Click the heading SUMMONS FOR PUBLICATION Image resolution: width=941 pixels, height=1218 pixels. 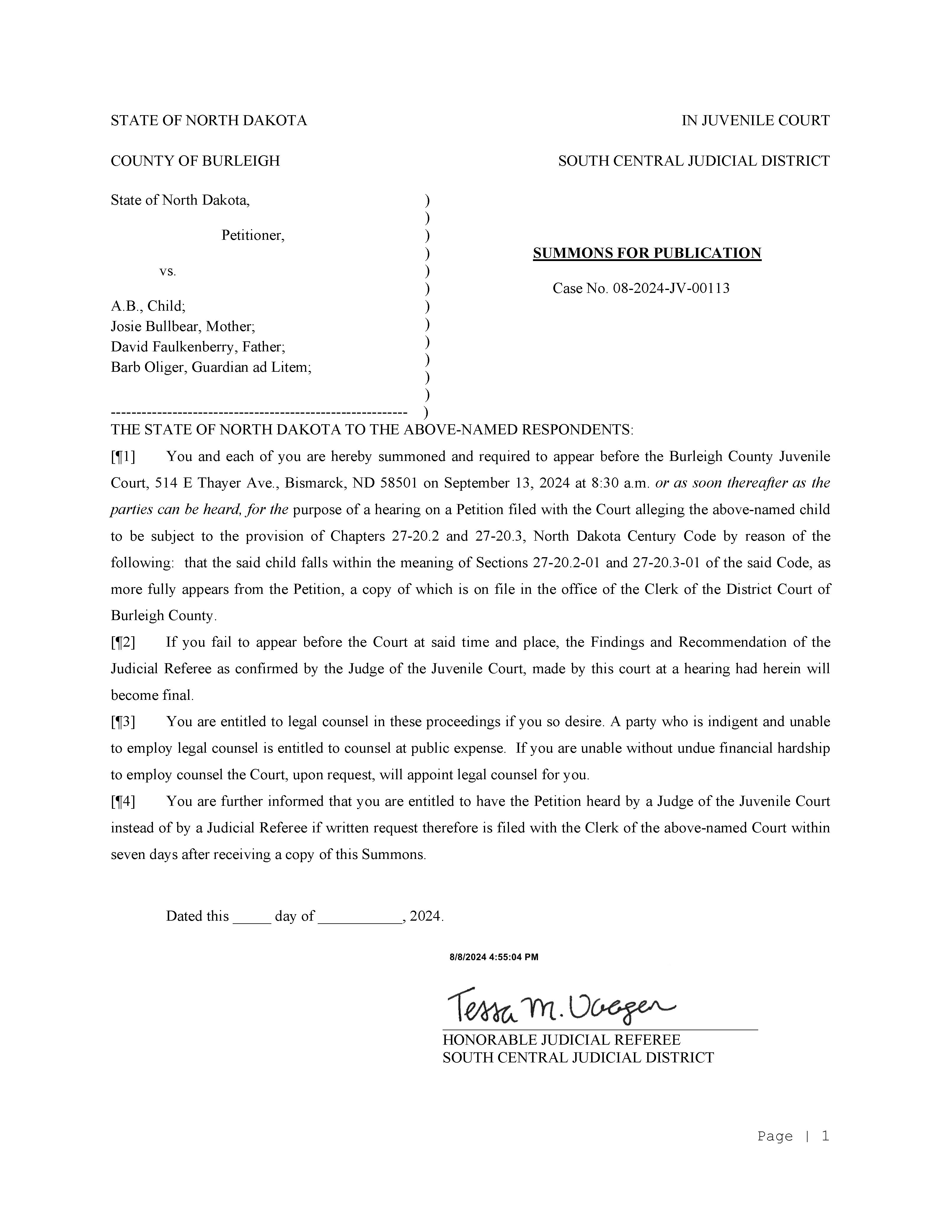pyautogui.click(x=647, y=253)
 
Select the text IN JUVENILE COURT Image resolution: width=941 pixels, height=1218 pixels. pyautogui.click(x=755, y=120)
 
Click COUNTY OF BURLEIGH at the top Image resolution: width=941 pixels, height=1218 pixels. pyautogui.click(x=195, y=161)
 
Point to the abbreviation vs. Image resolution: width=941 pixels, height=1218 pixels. pyautogui.click(x=167, y=272)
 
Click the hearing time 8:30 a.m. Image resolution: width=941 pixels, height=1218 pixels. pyautogui.click(x=620, y=483)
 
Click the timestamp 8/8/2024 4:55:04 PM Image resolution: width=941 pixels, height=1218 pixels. pyautogui.click(x=494, y=957)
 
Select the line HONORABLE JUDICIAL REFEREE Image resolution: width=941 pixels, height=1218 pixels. pyautogui.click(x=561, y=1040)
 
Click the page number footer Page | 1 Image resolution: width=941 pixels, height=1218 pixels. pyautogui.click(x=792, y=1136)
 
